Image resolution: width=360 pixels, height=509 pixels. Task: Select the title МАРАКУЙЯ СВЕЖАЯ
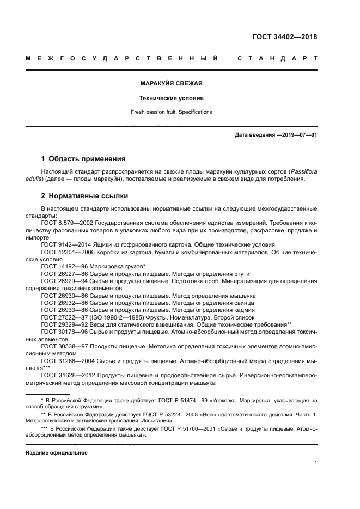pyautogui.click(x=171, y=83)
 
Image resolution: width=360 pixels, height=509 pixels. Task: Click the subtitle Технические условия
pyautogui.click(x=171, y=99)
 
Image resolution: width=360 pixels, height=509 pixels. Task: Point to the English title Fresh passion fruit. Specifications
pyautogui.click(x=171, y=112)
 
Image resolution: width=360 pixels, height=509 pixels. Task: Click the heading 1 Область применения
pyautogui.click(x=83, y=159)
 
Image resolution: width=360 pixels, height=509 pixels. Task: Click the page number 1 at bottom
pyautogui.click(x=315, y=463)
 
